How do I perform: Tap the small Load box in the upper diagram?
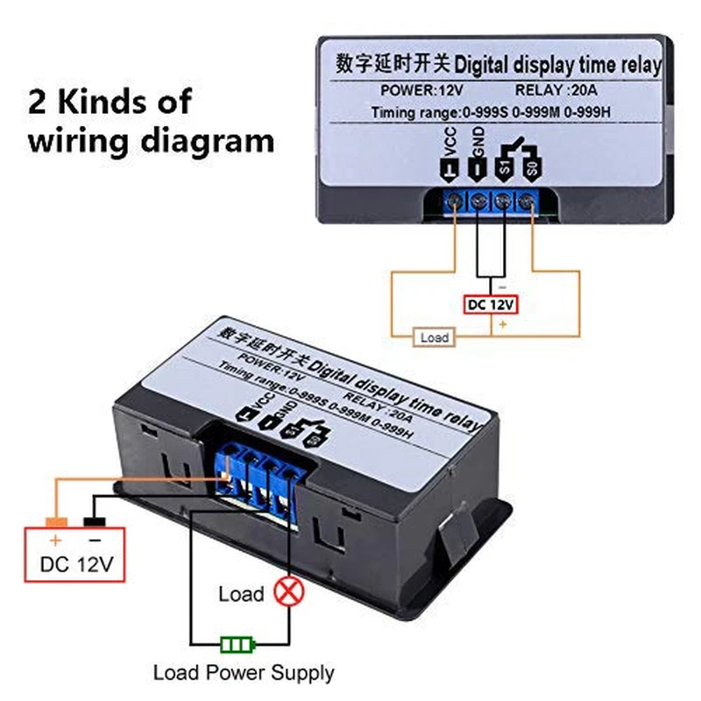point(434,337)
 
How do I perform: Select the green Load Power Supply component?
point(237,646)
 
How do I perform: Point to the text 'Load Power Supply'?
point(244,673)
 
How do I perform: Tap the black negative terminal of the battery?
point(94,523)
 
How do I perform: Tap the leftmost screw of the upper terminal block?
point(455,202)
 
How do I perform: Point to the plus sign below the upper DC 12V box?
point(503,323)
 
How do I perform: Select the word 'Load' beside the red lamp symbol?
point(241,594)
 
